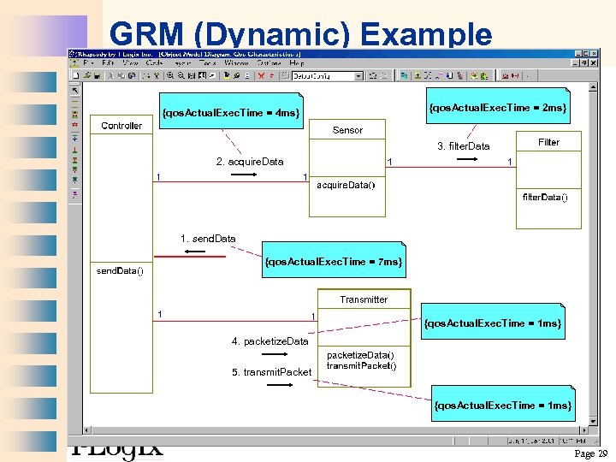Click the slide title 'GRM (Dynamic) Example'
point(300,34)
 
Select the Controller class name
point(121,126)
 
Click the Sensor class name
point(347,130)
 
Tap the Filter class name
point(548,142)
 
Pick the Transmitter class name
point(364,299)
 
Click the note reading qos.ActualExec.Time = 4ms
point(231,112)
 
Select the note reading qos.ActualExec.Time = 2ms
point(498,108)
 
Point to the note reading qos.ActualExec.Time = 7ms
point(334,261)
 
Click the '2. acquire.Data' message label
point(249,162)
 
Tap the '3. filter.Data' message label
point(464,146)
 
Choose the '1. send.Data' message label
point(208,239)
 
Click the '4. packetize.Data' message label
point(269,341)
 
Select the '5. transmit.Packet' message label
point(271,372)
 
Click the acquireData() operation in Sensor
point(346,185)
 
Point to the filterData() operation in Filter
point(545,197)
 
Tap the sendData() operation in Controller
point(120,271)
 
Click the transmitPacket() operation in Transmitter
point(361,366)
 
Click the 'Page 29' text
point(590,453)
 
